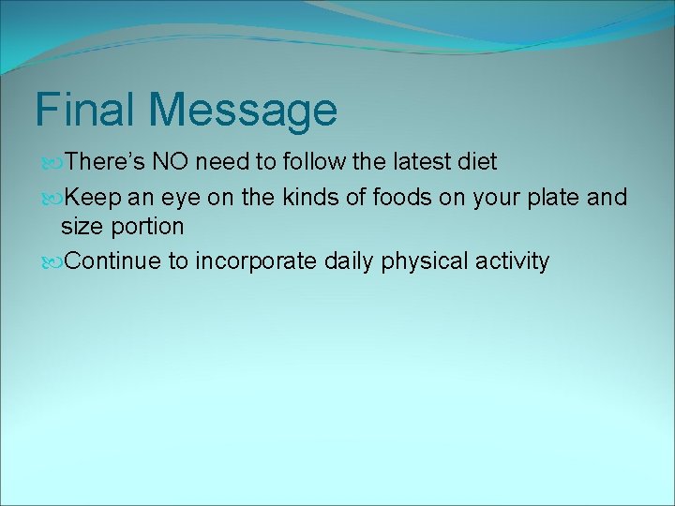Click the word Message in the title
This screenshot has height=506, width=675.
[243, 112]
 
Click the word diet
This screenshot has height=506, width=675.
[478, 162]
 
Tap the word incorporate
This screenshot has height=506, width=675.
[255, 261]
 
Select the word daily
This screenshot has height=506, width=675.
[351, 261]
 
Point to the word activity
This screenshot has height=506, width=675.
[512, 261]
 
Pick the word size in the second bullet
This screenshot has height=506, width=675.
[80, 227]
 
